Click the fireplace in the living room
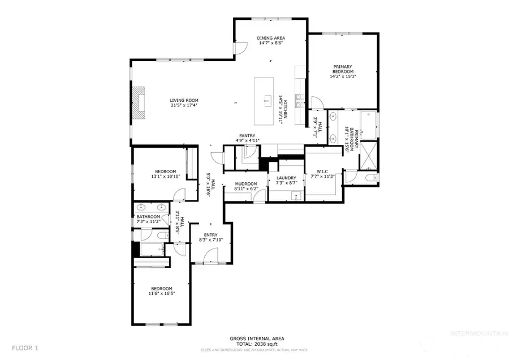click(x=138, y=103)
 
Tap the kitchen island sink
click(x=266, y=102)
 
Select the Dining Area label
click(x=271, y=37)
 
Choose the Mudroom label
click(x=246, y=183)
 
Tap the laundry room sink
click(x=295, y=196)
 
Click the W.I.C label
click(x=323, y=172)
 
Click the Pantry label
click(x=247, y=136)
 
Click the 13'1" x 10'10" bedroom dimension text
click(x=166, y=177)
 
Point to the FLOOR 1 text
click(x=24, y=347)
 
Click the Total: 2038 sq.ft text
click(x=257, y=344)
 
